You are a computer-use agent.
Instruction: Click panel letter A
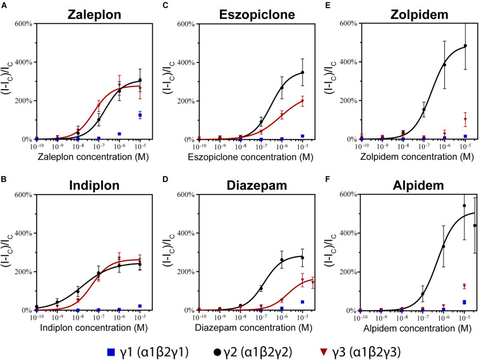point(4,4)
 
